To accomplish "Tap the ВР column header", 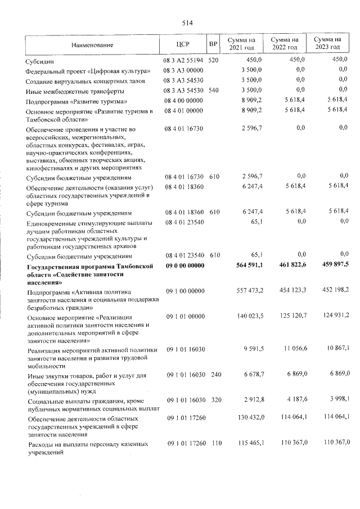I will (213, 44).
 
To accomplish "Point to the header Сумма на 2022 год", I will (283, 44).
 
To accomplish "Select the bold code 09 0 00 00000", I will (184, 267).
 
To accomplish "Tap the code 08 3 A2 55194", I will (184, 60).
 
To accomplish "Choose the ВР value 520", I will (213, 60).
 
